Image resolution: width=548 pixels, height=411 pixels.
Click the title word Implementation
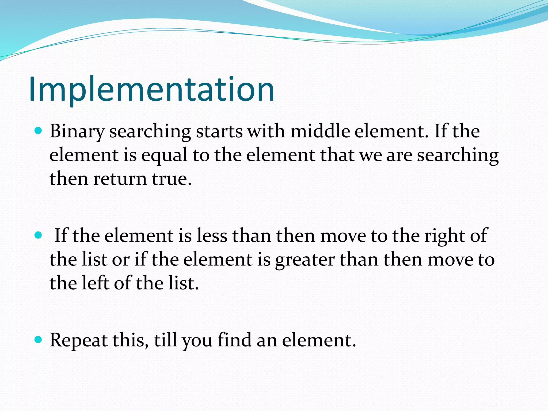click(x=151, y=90)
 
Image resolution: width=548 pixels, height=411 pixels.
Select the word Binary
click(x=77, y=132)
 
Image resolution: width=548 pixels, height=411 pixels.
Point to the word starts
click(x=219, y=132)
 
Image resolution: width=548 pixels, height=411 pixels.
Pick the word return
click(x=120, y=179)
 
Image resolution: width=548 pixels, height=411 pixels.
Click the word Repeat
click(x=78, y=340)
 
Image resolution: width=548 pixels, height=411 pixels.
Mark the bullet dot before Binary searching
click(x=39, y=131)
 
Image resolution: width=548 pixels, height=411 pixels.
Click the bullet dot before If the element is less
click(x=39, y=235)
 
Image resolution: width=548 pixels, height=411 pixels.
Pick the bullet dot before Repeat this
click(x=39, y=340)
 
